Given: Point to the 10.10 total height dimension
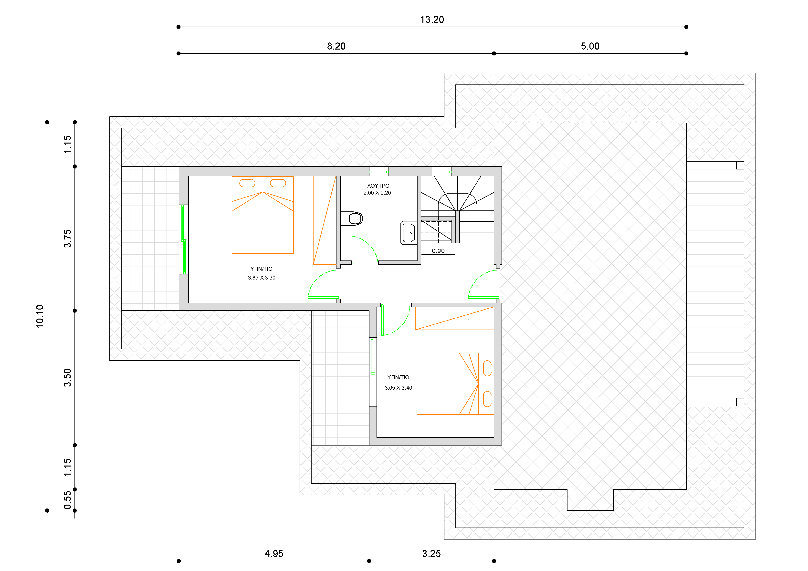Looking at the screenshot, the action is point(40,316).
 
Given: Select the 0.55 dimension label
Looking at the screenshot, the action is point(67,500).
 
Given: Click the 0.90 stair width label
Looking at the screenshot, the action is point(438,251).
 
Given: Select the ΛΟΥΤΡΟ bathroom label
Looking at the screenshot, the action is point(378,186).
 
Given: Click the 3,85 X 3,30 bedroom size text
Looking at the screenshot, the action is point(262,278).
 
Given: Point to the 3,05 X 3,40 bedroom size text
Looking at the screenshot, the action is point(398,388).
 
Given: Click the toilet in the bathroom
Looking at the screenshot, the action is point(352,218).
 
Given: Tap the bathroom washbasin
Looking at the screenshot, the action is point(409,233).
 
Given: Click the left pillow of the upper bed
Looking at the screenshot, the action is point(247,183).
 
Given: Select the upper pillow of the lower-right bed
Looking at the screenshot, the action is point(487,368).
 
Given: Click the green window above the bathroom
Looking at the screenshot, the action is point(379,172).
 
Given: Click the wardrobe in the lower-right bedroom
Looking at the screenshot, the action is point(454,318).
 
